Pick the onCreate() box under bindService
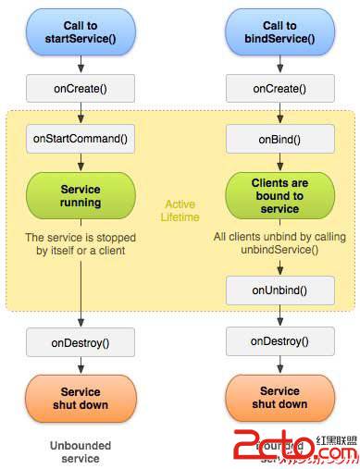[279, 88]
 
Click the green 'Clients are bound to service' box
[279, 194]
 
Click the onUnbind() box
[279, 289]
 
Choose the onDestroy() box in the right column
[279, 341]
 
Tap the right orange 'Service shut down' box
[279, 398]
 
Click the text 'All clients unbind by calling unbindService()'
[279, 243]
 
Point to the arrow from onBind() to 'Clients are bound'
[279, 164]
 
